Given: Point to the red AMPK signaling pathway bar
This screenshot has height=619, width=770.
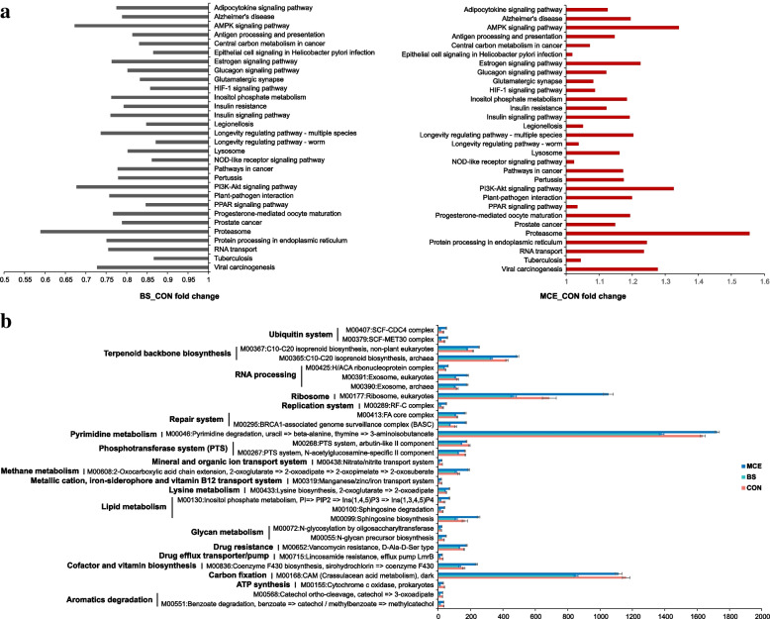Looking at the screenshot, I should point(623,28).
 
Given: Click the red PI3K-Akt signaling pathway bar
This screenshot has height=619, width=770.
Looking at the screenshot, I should point(620,187).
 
